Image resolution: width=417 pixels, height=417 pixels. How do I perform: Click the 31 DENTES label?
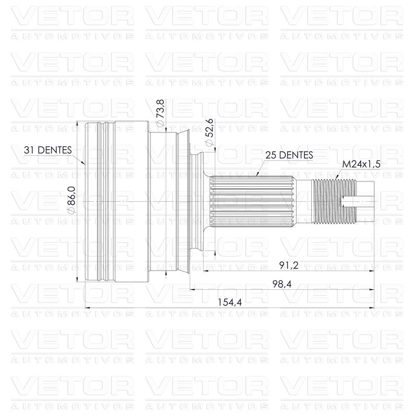tap(48, 150)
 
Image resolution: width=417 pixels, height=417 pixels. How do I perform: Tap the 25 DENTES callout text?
tap(289, 155)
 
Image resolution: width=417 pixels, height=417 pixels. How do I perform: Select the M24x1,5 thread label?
tap(361, 164)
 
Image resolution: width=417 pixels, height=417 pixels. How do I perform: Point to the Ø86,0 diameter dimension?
tap(71, 200)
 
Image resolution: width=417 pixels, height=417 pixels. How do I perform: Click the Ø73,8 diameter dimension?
tap(161, 113)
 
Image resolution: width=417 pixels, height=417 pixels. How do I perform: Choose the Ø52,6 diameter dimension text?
tap(210, 132)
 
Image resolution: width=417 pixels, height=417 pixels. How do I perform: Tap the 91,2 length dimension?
tap(289, 265)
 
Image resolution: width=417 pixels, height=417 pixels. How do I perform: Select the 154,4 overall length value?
tap(230, 302)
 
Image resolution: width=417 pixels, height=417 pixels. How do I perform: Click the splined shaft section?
tap(253, 202)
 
